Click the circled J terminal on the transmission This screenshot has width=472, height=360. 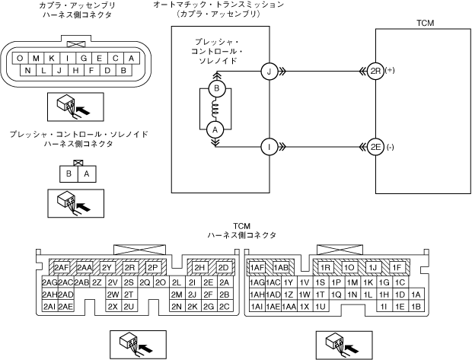pyautogui.click(x=268, y=72)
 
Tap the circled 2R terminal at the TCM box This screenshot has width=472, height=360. pyautogui.click(x=375, y=72)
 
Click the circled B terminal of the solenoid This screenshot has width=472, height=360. pyautogui.click(x=215, y=88)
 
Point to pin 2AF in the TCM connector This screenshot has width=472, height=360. pyautogui.click(x=61, y=268)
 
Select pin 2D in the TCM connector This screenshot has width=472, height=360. pyautogui.click(x=223, y=268)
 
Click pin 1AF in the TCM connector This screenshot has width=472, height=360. pyautogui.click(x=257, y=268)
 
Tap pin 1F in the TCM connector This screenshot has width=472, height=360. pyautogui.click(x=396, y=268)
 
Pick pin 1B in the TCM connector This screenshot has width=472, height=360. pyautogui.click(x=415, y=306)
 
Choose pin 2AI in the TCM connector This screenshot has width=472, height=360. pyautogui.click(x=49, y=306)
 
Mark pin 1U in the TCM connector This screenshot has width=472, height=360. pyautogui.click(x=320, y=306)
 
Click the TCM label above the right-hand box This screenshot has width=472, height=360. pyautogui.click(x=426, y=24)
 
